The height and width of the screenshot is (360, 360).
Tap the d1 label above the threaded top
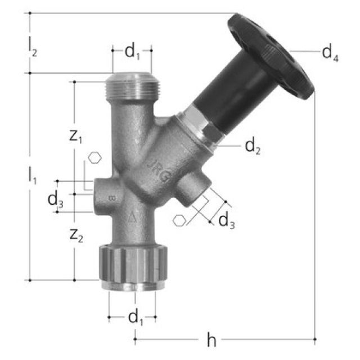coord(132,52)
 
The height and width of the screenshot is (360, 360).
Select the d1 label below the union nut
coord(135,318)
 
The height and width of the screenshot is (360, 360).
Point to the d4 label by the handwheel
coord(330,53)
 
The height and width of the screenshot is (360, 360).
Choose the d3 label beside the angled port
coord(227,221)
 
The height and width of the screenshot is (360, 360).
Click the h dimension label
coord(211,340)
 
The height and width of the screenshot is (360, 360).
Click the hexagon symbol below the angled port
coord(179,220)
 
